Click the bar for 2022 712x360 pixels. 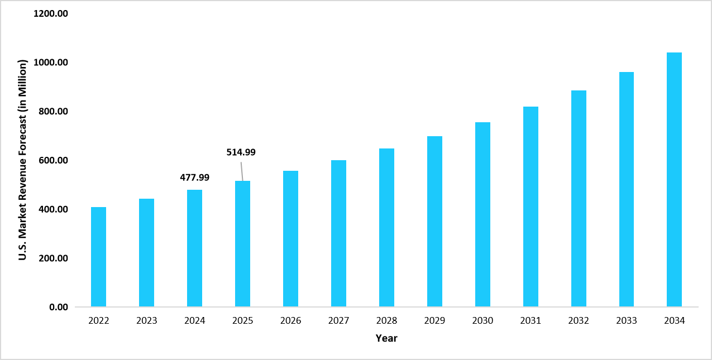point(98,257)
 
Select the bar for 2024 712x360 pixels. point(194,248)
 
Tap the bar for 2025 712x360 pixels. point(242,244)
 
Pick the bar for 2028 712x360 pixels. point(386,228)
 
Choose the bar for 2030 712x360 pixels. point(482,214)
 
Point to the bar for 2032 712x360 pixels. point(579,199)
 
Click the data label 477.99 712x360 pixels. point(194,177)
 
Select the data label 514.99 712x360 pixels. point(241,152)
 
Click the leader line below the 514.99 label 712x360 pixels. point(242,171)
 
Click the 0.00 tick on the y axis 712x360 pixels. point(58,307)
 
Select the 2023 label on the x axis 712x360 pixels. point(146,321)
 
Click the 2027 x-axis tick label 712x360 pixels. point(338,321)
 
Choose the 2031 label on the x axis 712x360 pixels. point(531,321)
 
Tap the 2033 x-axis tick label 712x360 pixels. point(627,321)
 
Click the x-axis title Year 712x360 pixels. point(386,338)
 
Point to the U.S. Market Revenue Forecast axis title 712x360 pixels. point(23,160)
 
